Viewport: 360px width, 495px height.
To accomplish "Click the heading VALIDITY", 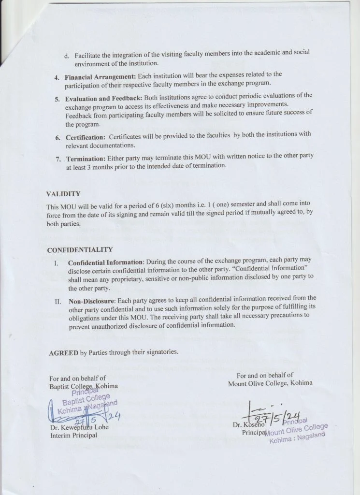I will click(x=63, y=194).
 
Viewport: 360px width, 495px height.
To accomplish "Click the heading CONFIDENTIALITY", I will click(x=80, y=250).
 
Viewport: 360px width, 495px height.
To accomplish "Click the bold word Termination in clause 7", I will click(x=86, y=159).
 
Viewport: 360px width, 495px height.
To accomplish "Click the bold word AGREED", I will click(x=64, y=353).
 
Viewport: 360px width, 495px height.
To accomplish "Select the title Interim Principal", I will click(x=73, y=436).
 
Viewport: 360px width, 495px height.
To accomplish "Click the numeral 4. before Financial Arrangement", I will click(x=57, y=78).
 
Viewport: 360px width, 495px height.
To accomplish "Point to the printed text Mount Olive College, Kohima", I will click(x=270, y=383).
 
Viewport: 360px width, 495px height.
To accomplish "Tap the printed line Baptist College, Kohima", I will click(x=83, y=386).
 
